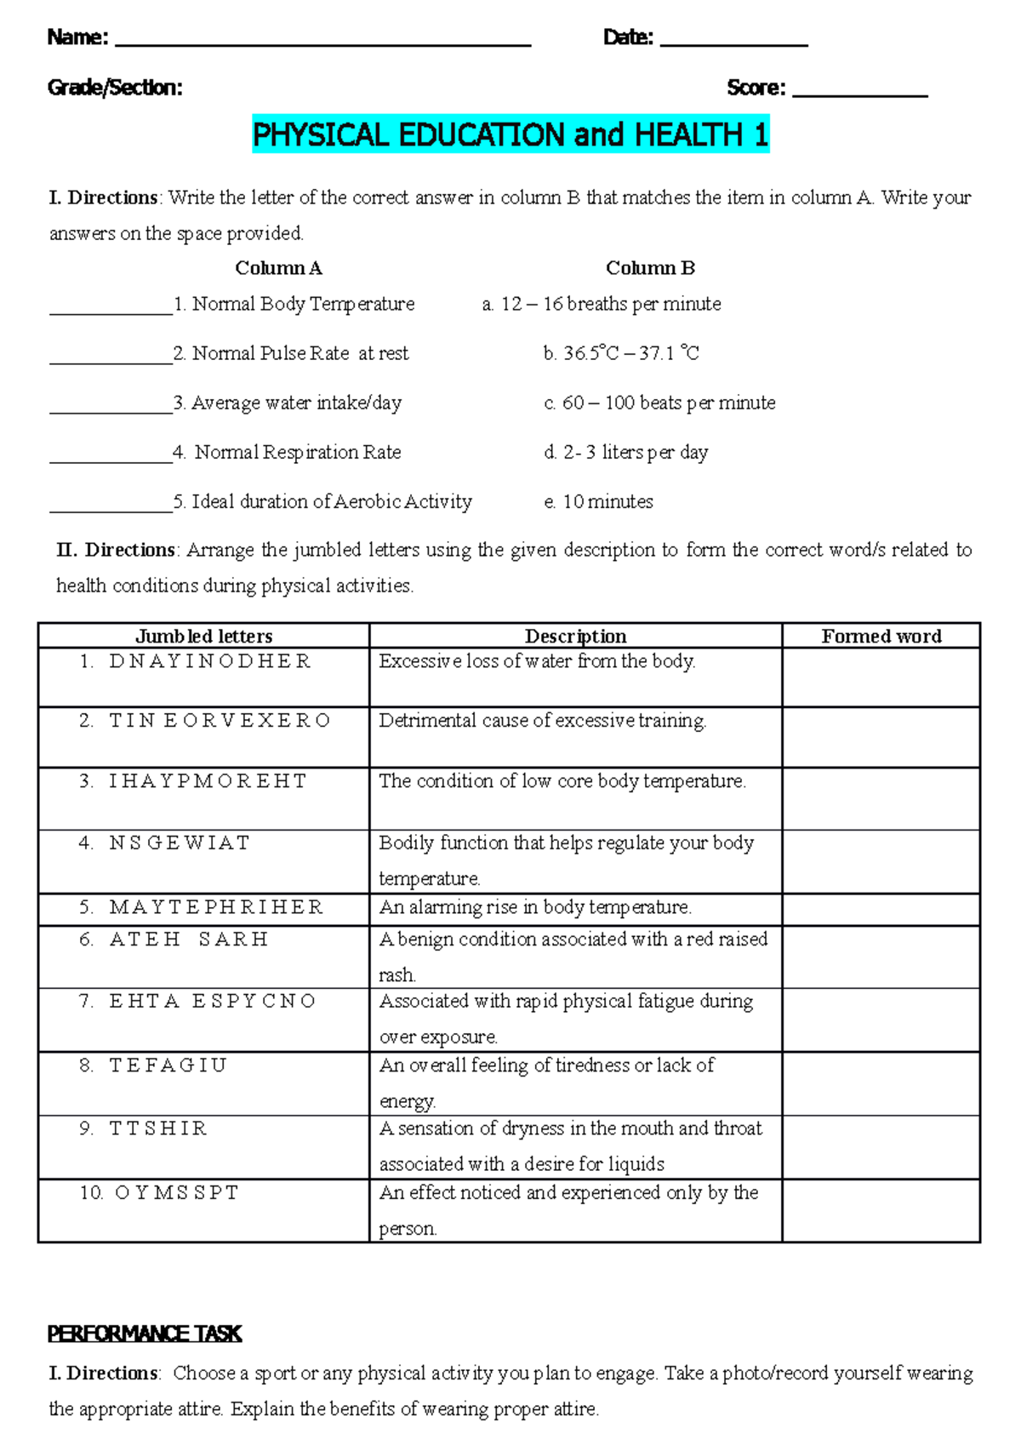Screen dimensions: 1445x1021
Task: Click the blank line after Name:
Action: click(322, 43)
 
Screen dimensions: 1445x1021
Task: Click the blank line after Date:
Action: click(733, 43)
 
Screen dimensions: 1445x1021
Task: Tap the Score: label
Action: click(756, 89)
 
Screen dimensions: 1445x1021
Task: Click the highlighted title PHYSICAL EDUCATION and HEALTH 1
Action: click(510, 135)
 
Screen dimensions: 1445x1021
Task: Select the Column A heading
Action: click(278, 268)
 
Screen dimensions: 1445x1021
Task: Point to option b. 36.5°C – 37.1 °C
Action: click(621, 353)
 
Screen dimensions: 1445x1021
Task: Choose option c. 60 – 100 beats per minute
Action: click(659, 403)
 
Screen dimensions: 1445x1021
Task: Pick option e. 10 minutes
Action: click(598, 501)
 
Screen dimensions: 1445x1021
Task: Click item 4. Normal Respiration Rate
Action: click(287, 452)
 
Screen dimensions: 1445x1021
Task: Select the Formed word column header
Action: click(881, 636)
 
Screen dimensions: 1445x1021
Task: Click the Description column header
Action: click(575, 636)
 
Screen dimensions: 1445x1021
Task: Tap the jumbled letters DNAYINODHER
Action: click(210, 661)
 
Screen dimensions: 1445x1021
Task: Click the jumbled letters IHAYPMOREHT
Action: click(208, 781)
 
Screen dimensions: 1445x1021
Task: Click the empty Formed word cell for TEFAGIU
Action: click(881, 1083)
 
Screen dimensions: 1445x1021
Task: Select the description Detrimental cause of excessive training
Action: click(542, 721)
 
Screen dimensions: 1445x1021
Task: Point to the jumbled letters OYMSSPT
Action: click(177, 1193)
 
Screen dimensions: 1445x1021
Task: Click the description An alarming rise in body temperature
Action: click(535, 907)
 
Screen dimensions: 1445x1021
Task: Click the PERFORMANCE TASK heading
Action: click(145, 1334)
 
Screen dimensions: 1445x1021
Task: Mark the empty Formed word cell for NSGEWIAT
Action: click(881, 861)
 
